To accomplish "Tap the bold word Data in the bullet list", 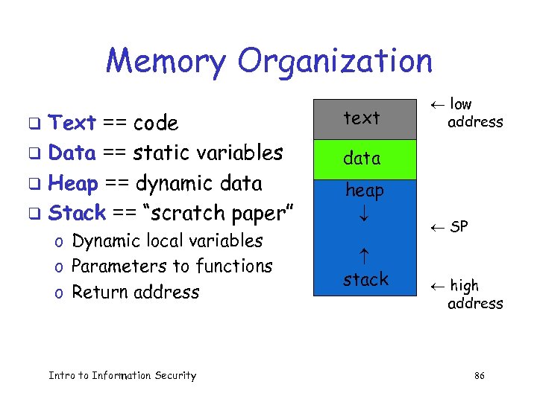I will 72,153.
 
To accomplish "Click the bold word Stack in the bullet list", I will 77,213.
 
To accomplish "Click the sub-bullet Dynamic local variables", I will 167,241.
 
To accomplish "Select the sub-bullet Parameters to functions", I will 172,267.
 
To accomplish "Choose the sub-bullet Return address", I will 135,292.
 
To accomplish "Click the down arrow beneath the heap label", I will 364,217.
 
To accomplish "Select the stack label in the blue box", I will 365,280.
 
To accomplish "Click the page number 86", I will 479,376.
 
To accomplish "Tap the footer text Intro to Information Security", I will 122,376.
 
